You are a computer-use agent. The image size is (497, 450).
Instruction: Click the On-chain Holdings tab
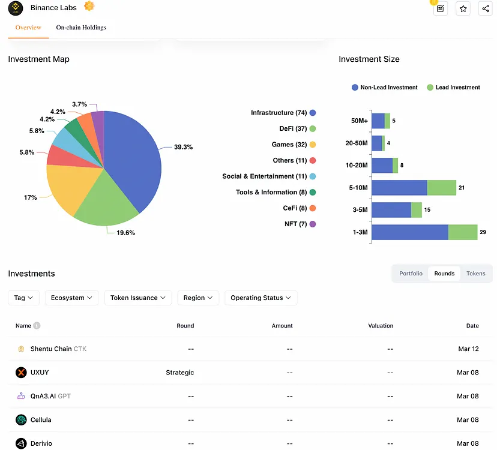81,28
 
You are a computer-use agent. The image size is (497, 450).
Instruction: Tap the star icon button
463,8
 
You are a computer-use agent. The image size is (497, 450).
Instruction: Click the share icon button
485,8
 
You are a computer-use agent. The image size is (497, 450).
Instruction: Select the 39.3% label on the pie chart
183,147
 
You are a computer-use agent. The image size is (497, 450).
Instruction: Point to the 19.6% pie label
126,233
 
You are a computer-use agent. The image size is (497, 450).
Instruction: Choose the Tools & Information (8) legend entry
276,193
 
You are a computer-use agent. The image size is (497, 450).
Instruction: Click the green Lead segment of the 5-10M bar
442,188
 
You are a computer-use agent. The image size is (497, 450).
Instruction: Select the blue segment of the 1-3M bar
410,232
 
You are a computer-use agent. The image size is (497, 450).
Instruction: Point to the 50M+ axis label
360,121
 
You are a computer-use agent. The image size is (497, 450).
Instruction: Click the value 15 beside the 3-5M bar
427,210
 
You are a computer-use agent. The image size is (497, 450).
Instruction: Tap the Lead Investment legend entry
454,88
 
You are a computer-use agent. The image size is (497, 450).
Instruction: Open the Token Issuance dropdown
138,298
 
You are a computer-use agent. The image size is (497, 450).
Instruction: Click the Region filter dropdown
198,298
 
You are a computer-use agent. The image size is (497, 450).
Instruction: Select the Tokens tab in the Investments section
475,274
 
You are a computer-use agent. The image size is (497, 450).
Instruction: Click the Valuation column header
381,326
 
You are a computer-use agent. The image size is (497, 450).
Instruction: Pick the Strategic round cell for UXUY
179,373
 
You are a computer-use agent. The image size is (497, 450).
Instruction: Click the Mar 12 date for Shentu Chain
468,349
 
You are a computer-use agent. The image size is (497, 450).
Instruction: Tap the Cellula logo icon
21,420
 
